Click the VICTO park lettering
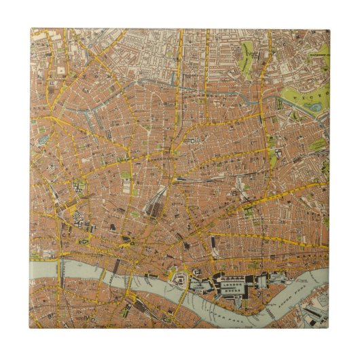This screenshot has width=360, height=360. point(312,95)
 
